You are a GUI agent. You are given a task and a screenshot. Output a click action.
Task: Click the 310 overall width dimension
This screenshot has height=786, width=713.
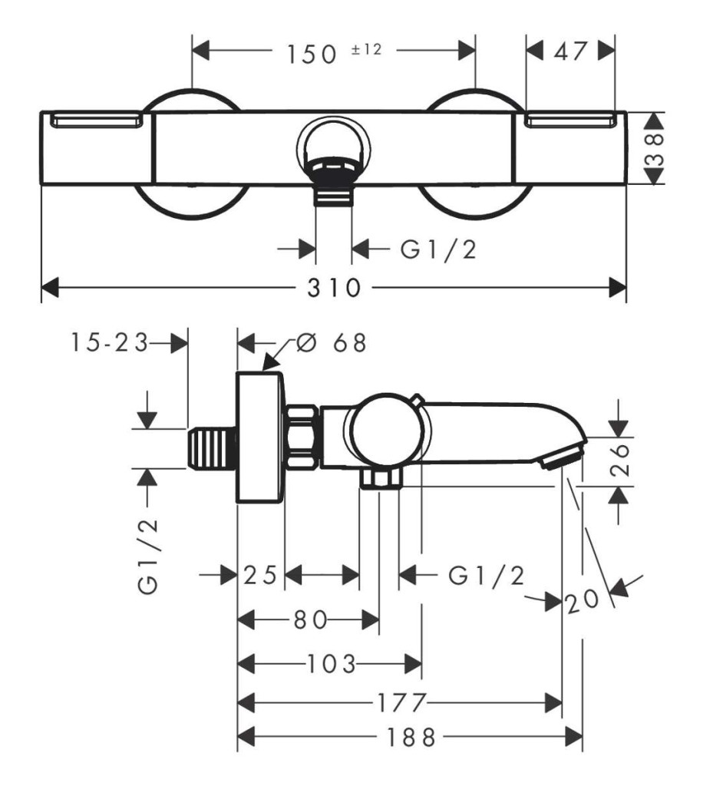[334, 289]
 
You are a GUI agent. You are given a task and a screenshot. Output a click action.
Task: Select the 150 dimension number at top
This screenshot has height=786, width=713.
[311, 54]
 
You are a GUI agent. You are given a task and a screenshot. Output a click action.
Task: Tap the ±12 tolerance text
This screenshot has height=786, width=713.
[366, 49]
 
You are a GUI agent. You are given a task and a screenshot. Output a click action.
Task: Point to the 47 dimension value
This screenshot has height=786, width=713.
[570, 51]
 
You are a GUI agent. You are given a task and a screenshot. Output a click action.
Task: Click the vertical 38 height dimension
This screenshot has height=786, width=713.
[655, 149]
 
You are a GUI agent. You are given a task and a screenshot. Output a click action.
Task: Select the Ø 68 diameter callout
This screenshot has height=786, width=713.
[331, 343]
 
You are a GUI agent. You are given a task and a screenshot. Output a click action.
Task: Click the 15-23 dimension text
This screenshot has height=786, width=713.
[109, 343]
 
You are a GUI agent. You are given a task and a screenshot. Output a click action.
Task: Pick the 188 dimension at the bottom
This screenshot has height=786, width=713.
[411, 738]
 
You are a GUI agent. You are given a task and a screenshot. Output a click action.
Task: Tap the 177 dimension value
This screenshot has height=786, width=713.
[401, 703]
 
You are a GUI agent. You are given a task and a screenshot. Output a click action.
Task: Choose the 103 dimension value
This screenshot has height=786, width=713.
[331, 664]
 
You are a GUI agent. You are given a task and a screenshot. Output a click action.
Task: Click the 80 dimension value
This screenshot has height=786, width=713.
[310, 620]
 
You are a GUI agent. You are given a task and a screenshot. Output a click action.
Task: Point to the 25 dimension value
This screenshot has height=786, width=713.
[260, 575]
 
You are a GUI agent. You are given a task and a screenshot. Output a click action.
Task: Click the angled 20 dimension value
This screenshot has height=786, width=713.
[583, 600]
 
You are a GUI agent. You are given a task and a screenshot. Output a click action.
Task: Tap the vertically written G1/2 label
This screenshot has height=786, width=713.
[148, 556]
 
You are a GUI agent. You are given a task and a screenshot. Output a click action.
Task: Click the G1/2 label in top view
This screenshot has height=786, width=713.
[438, 249]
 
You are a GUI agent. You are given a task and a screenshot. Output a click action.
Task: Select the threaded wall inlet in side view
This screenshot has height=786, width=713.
[213, 448]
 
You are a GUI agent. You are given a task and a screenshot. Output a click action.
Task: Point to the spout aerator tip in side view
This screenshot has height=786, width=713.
[562, 457]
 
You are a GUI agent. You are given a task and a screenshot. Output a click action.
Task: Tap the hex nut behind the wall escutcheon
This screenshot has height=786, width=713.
[302, 437]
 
